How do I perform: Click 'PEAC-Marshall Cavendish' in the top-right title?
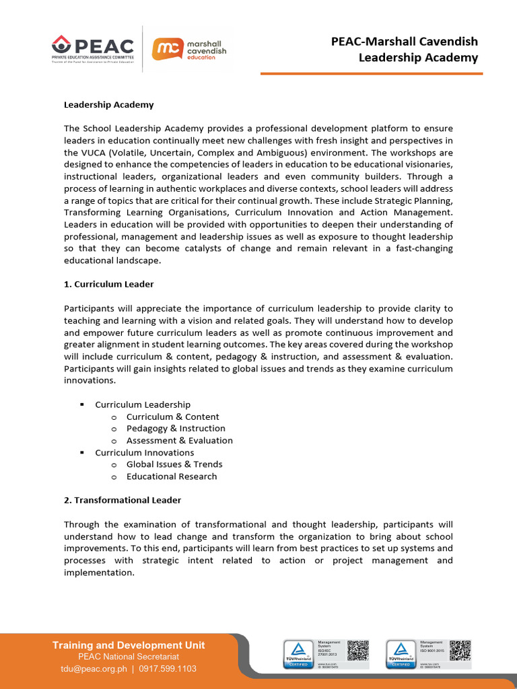(x=404, y=41)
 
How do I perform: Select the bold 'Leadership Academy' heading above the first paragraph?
(x=108, y=104)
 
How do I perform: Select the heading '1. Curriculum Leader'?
(x=108, y=284)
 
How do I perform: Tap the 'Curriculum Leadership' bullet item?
(x=142, y=404)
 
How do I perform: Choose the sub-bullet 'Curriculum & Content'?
(x=172, y=416)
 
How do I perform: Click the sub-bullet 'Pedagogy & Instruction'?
(x=176, y=429)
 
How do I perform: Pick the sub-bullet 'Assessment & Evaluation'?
(x=179, y=441)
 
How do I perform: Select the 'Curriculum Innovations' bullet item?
(x=144, y=453)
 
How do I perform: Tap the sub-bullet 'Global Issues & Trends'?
(x=174, y=464)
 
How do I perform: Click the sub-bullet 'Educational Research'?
(x=171, y=476)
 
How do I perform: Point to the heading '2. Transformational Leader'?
(x=122, y=500)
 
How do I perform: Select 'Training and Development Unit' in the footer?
(x=129, y=645)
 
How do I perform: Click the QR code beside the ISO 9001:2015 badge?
(x=460, y=650)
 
